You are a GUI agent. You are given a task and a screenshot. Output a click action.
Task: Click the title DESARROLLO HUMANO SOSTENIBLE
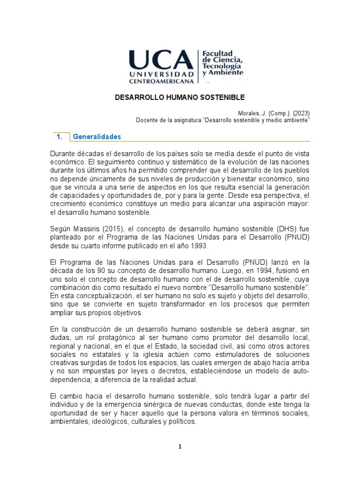pos(180,97)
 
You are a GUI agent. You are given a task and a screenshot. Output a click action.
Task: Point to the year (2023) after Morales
pos(301,112)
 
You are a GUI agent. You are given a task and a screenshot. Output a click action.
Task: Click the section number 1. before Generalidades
pos(59,137)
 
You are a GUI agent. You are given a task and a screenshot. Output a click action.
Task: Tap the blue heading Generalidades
pos(96,137)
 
